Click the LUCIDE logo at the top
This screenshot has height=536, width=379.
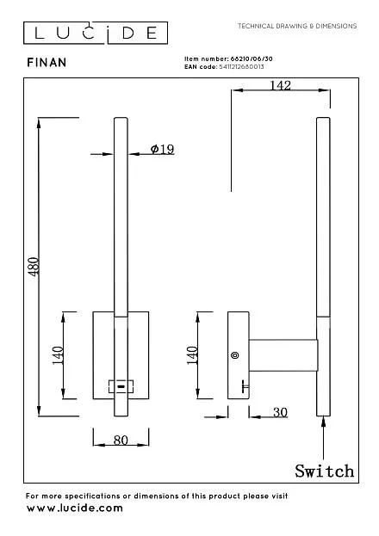(x=96, y=33)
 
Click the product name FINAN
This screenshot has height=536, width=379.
(x=47, y=63)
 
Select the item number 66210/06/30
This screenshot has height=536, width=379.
(x=252, y=59)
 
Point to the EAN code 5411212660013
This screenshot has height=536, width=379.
(x=241, y=66)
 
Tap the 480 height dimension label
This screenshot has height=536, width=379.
(x=34, y=267)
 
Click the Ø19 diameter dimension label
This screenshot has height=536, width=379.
(x=162, y=149)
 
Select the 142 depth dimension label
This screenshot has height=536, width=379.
(x=280, y=85)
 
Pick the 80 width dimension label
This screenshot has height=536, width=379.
(x=121, y=440)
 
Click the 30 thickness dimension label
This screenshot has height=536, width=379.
(x=280, y=412)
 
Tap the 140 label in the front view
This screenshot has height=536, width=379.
(x=58, y=355)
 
